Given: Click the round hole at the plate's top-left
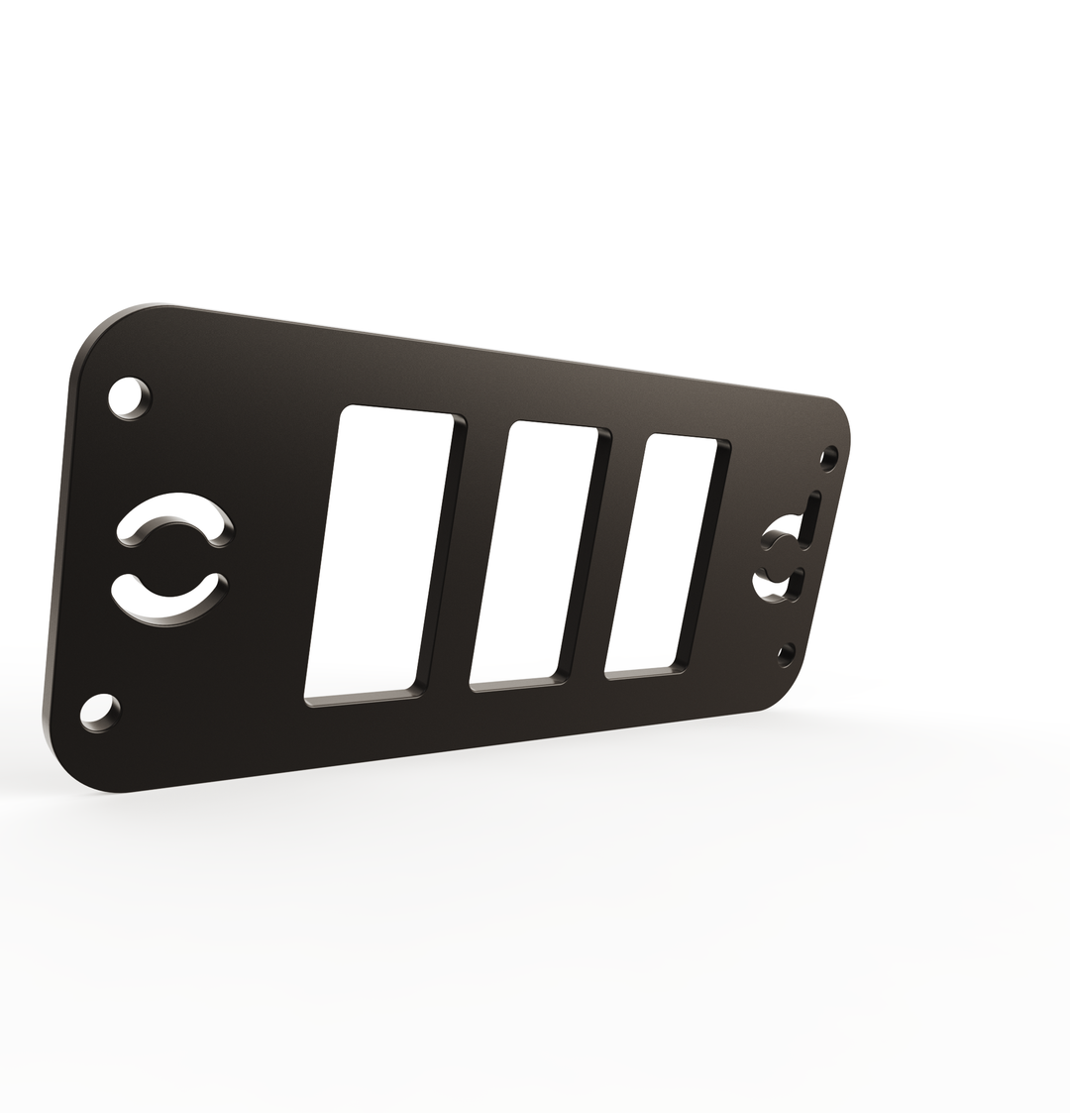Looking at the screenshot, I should tap(129, 397).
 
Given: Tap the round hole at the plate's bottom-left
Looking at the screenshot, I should tap(99, 713).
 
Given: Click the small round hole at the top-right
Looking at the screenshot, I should tap(828, 458).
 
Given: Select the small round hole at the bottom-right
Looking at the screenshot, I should tap(787, 653).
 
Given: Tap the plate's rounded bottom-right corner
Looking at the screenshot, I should tap(783, 694).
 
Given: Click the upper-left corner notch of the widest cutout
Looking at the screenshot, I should tap(346, 413).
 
